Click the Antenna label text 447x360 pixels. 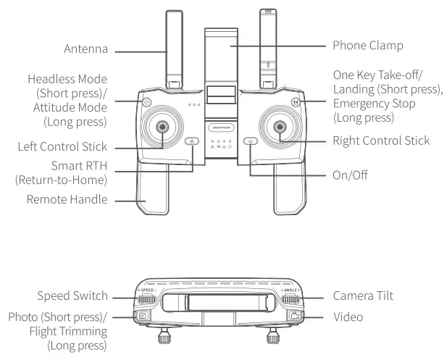coord(84,51)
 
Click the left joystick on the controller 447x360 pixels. coord(163,127)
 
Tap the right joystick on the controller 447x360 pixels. coord(280,127)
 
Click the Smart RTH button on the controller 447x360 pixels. coord(192,141)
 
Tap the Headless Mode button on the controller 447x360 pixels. coord(148,101)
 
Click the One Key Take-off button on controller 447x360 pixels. coord(296,101)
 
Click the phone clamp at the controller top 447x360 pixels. coord(222,54)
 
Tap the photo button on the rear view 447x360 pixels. coord(143,317)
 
